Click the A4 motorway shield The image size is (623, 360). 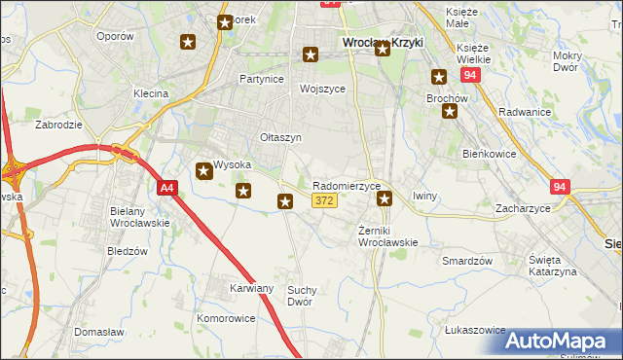[167, 189]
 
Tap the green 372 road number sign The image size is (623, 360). [325, 200]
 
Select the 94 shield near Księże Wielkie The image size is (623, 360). [470, 74]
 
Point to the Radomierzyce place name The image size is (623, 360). [346, 186]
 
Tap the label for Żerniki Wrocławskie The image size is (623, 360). [387, 235]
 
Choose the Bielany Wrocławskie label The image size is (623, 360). [140, 217]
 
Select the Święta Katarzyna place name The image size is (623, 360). [552, 266]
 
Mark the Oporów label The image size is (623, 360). [115, 35]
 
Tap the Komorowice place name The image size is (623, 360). [225, 318]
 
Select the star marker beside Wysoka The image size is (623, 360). [204, 171]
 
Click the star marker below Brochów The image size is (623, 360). [450, 111]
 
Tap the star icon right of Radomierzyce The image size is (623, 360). [385, 198]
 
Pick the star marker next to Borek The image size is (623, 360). [225, 21]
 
